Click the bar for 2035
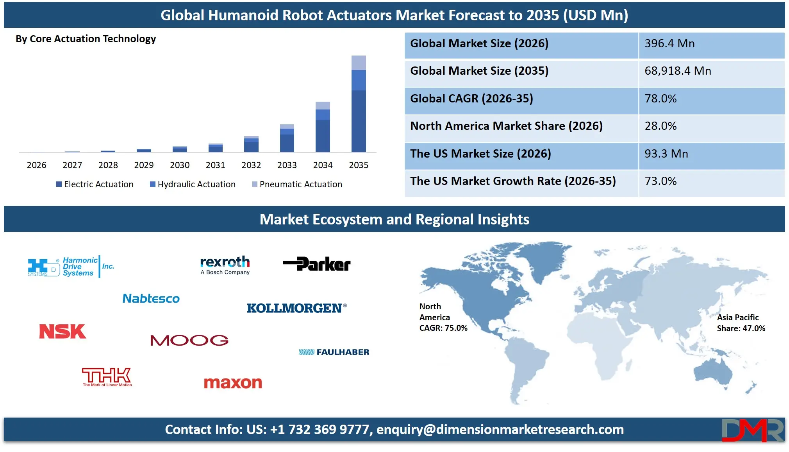click(359, 104)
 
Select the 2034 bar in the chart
click(323, 127)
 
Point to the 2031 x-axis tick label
click(215, 165)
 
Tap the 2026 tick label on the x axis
click(36, 165)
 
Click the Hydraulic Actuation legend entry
click(193, 184)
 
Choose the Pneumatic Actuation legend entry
click(297, 184)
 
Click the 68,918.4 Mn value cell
click(677, 71)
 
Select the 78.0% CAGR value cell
click(660, 99)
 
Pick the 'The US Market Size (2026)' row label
click(480, 154)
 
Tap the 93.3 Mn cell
click(666, 154)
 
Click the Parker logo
click(317, 264)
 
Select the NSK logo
click(62, 332)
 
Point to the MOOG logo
click(189, 340)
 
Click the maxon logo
click(233, 382)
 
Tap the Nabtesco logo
click(151, 299)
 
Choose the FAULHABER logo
click(334, 352)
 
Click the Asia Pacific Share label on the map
click(741, 323)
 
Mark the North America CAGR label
click(443, 317)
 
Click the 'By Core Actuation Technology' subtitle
click(86, 39)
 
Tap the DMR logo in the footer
click(752, 430)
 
